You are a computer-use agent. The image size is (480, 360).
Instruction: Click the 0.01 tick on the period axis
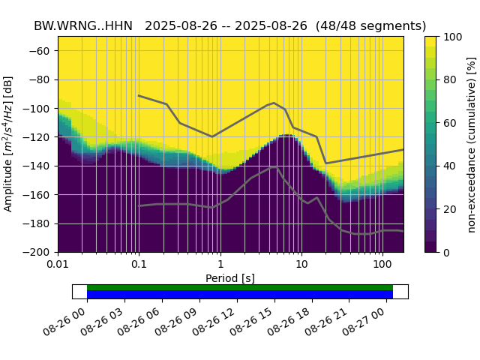pyautogui.click(x=58, y=265)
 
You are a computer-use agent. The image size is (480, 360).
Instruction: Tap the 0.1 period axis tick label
pyautogui.click(x=139, y=265)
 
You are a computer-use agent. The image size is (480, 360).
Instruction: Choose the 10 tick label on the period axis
pyautogui.click(x=301, y=265)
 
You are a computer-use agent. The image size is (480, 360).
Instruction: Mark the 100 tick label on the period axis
pyautogui.click(x=382, y=265)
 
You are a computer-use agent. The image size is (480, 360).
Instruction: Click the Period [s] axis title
pyautogui.click(x=230, y=278)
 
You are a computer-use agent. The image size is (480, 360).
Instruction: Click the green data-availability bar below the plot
pyautogui.click(x=240, y=287)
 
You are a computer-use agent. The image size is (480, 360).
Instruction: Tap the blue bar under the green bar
pyautogui.click(x=240, y=294)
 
